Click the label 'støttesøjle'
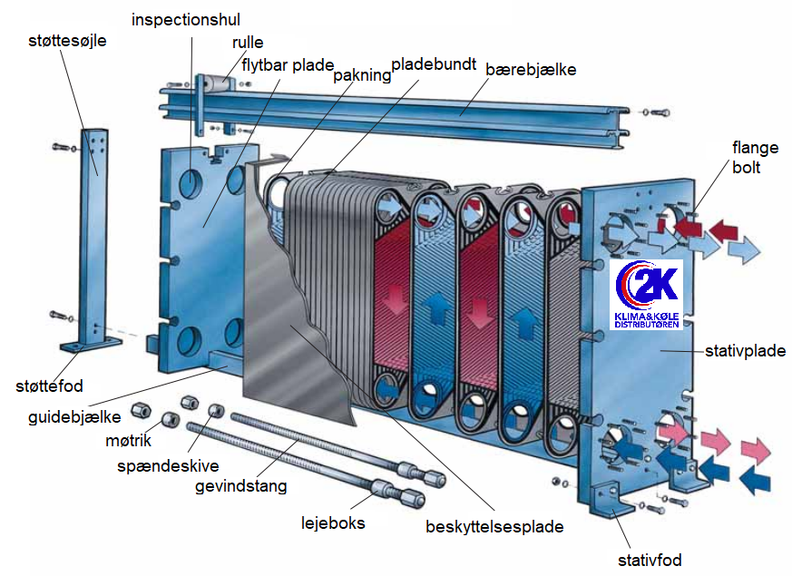(x=67, y=41)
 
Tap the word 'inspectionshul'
(x=186, y=20)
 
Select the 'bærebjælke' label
(x=531, y=69)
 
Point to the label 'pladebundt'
(x=434, y=64)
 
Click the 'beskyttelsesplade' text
(x=494, y=526)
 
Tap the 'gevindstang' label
(x=241, y=486)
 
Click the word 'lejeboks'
(x=333, y=522)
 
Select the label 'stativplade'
(x=745, y=351)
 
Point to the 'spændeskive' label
(x=168, y=465)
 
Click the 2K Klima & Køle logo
(x=647, y=295)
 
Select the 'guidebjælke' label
(x=74, y=417)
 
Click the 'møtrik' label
(x=128, y=441)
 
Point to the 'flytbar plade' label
(x=288, y=65)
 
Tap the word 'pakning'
(x=362, y=75)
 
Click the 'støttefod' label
(x=49, y=386)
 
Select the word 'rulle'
(x=248, y=43)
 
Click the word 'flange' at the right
(x=755, y=148)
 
